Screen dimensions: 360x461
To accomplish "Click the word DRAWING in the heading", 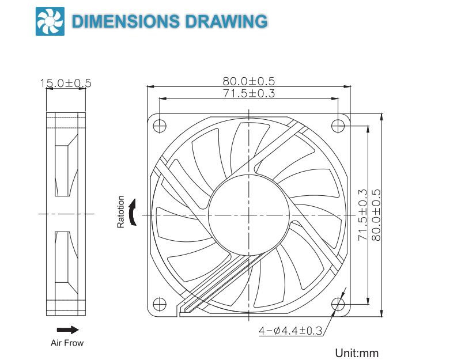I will click(x=226, y=21).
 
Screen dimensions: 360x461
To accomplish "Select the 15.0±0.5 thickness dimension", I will click(x=65, y=84).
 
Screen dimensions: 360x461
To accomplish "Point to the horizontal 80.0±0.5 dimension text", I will click(x=248, y=82).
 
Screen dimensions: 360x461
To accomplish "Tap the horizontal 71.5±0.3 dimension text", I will click(x=248, y=93).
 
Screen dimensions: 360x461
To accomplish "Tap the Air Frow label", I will click(x=67, y=343).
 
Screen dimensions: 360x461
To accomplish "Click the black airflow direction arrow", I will click(x=67, y=329).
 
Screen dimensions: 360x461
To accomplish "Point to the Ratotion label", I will click(x=121, y=212).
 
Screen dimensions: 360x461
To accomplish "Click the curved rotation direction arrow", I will click(x=134, y=213).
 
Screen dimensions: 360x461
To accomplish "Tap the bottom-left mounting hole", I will click(x=158, y=304).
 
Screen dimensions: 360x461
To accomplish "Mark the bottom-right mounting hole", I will click(x=339, y=304).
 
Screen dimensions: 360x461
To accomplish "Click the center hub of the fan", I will click(x=248, y=214).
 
